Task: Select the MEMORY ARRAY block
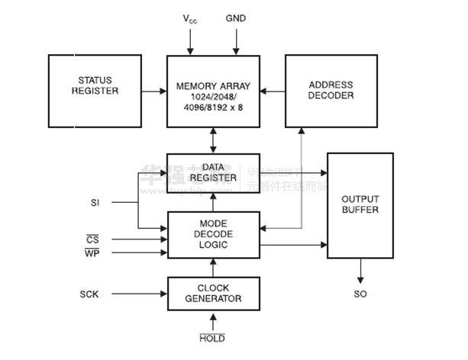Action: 213,91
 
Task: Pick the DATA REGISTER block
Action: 213,172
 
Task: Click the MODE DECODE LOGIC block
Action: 213,234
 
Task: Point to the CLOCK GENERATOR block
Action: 213,294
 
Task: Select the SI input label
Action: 95,202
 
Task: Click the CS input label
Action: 90,239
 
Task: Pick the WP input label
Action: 90,253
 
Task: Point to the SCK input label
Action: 90,294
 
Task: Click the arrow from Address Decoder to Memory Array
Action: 272,91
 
